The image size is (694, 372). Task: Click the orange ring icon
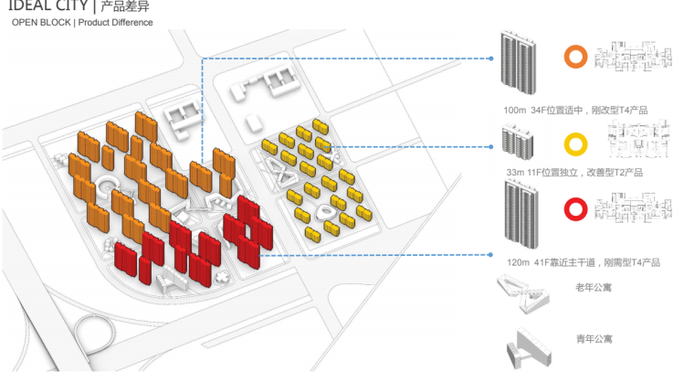[x=574, y=58]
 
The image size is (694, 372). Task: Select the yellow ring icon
[x=574, y=144]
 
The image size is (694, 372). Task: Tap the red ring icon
[x=574, y=210]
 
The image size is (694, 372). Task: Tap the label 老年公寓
[x=594, y=288]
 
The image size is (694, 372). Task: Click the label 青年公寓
[x=594, y=339]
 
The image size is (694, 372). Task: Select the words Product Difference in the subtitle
[x=116, y=22]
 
